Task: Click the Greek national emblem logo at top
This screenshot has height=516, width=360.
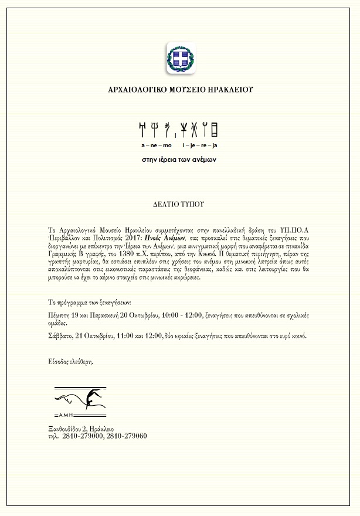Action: pos(180,58)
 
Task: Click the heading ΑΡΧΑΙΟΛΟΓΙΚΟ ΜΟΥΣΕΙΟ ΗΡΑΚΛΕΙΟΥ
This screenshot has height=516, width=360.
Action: pos(180,90)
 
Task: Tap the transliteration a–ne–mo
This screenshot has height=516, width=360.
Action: pos(157,144)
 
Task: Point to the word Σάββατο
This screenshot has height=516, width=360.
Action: pos(60,336)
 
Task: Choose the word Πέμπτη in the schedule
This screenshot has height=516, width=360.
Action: pos(59,315)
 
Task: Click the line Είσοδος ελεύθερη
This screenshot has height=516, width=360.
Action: pos(70,362)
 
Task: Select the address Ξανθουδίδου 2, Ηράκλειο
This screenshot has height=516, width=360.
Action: pos(81,429)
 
